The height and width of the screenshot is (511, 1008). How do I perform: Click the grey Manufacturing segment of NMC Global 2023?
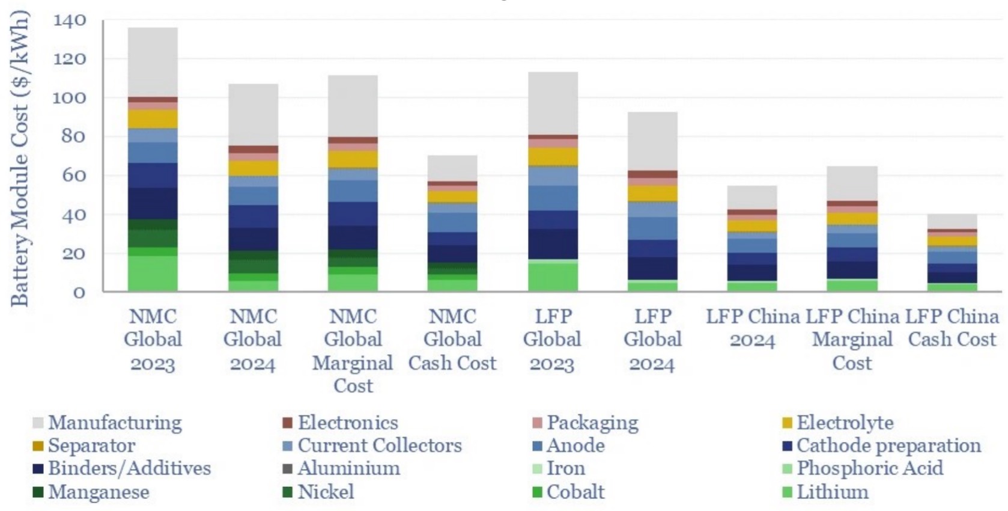(x=153, y=62)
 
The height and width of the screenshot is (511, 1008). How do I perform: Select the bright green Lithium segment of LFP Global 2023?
(x=552, y=277)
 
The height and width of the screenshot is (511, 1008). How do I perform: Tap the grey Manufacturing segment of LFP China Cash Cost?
(x=952, y=221)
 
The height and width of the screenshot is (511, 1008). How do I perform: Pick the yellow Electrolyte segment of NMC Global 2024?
(x=252, y=168)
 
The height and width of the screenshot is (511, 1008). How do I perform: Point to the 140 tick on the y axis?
(x=70, y=20)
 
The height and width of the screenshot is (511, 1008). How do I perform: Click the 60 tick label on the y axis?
(x=70, y=176)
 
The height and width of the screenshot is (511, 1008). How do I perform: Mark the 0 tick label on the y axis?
(x=79, y=293)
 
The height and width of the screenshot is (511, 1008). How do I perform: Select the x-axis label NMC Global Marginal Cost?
(x=353, y=351)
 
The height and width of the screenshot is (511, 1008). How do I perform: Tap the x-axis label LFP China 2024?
(x=752, y=328)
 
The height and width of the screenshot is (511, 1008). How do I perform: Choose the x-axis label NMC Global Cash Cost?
(x=452, y=340)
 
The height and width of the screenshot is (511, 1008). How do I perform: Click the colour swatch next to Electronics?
(x=287, y=423)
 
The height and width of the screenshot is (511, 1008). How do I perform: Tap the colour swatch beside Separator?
(x=38, y=446)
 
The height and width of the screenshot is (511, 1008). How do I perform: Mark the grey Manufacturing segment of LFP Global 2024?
(x=652, y=141)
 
